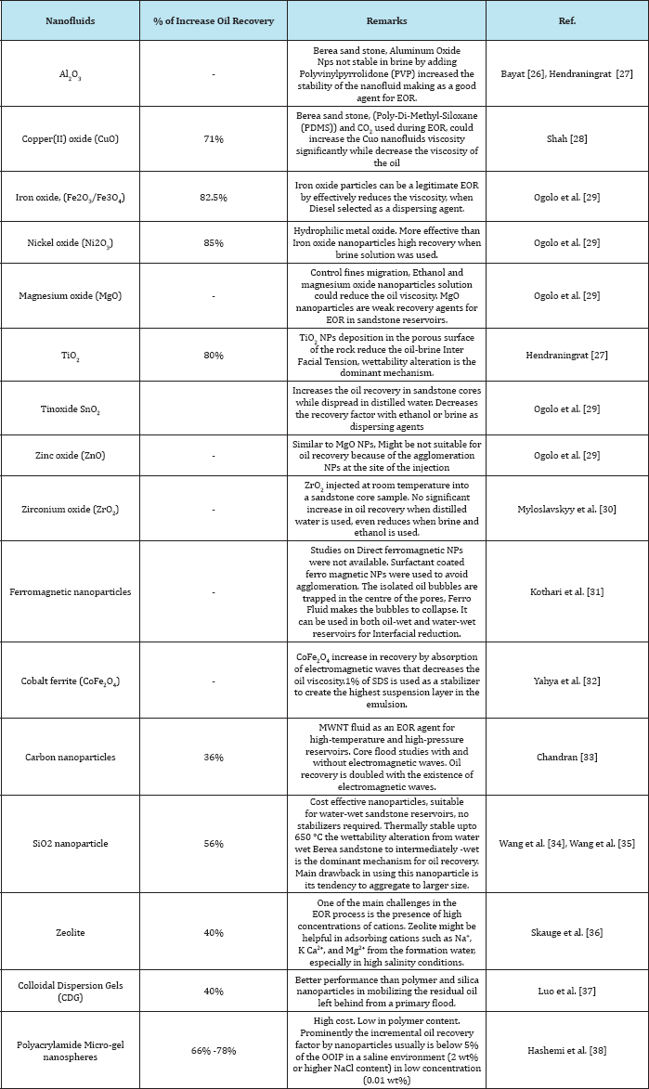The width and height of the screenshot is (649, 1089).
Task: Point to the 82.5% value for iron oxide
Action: pos(214,198)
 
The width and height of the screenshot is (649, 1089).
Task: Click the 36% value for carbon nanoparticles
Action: pos(214,758)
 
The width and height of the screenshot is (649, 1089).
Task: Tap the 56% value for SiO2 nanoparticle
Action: pos(214,843)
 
